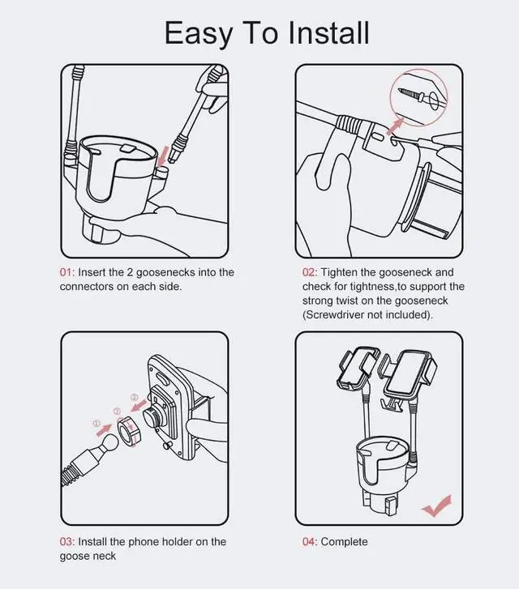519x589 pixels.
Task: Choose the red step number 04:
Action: click(309, 541)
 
